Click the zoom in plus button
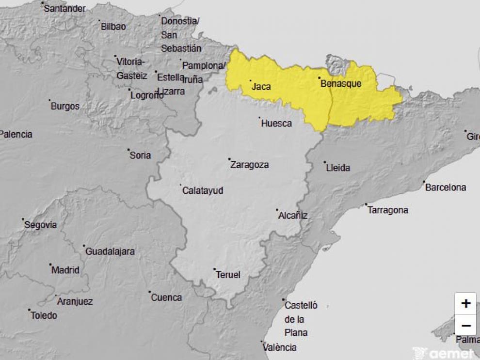[x=465, y=303]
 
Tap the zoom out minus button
[x=465, y=326]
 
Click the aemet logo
[x=443, y=353]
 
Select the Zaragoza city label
[x=249, y=165]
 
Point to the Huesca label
[x=276, y=124]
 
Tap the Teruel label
[x=228, y=275]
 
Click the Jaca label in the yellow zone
[x=261, y=87]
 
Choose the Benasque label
[x=341, y=84]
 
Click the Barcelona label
[x=445, y=188]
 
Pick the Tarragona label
[x=387, y=210]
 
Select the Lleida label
[x=338, y=168]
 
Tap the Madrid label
[x=65, y=270]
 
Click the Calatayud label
[x=203, y=191]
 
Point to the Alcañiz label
[x=293, y=216]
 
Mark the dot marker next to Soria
[x=128, y=150]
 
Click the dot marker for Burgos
[x=49, y=101]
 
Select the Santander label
[x=64, y=9]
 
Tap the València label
[x=279, y=347]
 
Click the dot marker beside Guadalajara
[x=84, y=246]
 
